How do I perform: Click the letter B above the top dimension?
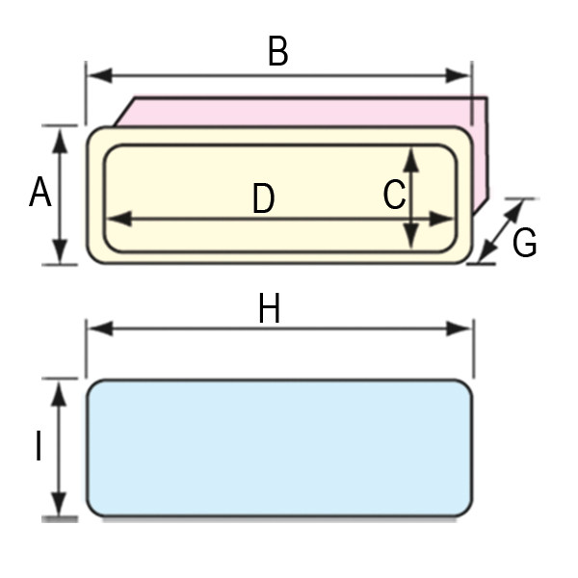pyautogui.click(x=278, y=51)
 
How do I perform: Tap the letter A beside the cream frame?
pyautogui.click(x=39, y=192)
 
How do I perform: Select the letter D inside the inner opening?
pyautogui.click(x=264, y=198)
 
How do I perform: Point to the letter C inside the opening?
pyautogui.click(x=394, y=195)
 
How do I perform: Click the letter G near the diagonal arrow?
pyautogui.click(x=524, y=242)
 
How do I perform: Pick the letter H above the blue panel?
pyautogui.click(x=269, y=308)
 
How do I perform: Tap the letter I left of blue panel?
pyautogui.click(x=39, y=446)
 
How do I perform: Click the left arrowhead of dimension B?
pyautogui.click(x=100, y=75)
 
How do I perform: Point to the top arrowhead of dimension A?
pyautogui.click(x=60, y=141)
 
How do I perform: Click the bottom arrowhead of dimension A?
pyautogui.click(x=60, y=251)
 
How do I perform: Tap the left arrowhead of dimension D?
pyautogui.click(x=119, y=219)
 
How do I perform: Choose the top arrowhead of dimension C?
pyautogui.click(x=411, y=160)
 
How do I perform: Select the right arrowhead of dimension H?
pyautogui.click(x=459, y=328)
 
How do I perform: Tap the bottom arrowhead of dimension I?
pyautogui.click(x=58, y=504)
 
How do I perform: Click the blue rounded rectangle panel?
pyautogui.click(x=279, y=448)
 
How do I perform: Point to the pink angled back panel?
pyautogui.click(x=302, y=112)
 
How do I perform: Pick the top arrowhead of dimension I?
pyautogui.click(x=58, y=394)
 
